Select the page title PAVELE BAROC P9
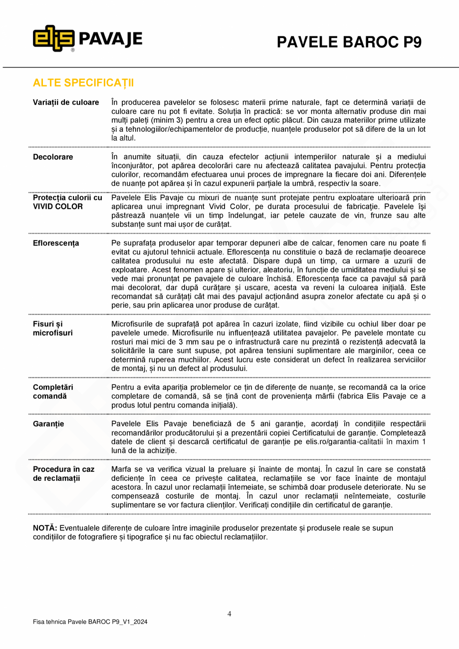[x=349, y=42]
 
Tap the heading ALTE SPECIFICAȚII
[x=83, y=82]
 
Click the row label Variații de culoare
[x=66, y=102]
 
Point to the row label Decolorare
[x=53, y=157]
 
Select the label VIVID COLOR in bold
[x=58, y=206]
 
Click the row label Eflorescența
[x=56, y=243]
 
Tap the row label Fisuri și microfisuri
[x=53, y=328]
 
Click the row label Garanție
[x=48, y=424]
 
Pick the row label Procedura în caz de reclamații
[x=63, y=474]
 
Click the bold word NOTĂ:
[x=45, y=528]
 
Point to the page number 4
[x=229, y=614]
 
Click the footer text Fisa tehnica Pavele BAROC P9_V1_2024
[x=90, y=622]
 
